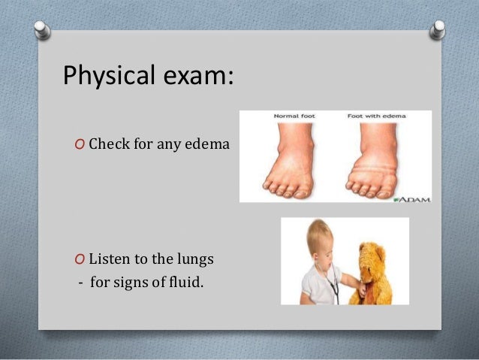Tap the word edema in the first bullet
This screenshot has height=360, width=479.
click(x=207, y=143)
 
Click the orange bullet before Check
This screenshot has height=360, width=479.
click(x=80, y=144)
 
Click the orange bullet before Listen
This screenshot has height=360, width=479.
click(x=80, y=260)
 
